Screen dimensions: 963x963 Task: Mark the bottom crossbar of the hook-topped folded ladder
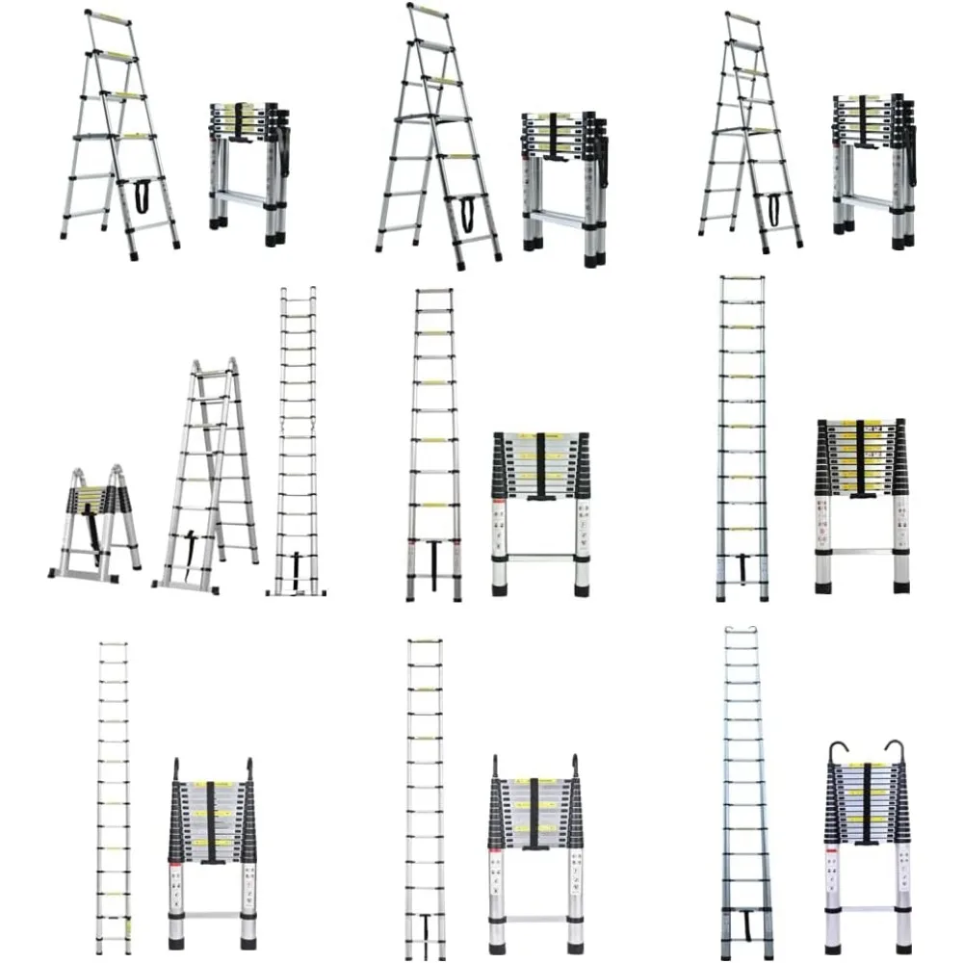[867, 907]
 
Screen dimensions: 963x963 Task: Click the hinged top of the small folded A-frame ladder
[96, 472]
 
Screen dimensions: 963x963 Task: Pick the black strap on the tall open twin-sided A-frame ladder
[188, 544]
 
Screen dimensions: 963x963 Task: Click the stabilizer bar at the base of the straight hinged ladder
[297, 592]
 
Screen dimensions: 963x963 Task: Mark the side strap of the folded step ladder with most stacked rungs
[910, 154]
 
